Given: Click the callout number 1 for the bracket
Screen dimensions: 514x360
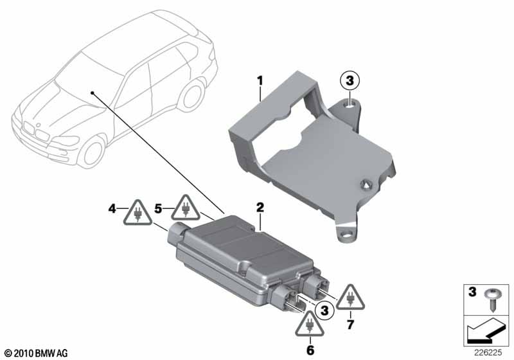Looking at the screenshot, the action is click(260, 80).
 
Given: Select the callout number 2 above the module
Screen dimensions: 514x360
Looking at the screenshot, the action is click(260, 207).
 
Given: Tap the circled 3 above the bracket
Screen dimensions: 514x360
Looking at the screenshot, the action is click(350, 80).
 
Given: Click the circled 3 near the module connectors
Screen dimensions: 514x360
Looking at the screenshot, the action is click(324, 310).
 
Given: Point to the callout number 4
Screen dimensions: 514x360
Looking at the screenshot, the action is click(112, 208).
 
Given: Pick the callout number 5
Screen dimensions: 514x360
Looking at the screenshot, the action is click(158, 208).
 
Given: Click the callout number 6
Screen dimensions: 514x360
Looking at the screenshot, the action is click(310, 350).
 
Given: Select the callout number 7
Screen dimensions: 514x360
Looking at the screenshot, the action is click(350, 325).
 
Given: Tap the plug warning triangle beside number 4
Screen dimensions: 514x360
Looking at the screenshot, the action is click(137, 213).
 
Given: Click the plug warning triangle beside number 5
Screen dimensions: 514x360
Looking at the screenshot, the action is click(186, 208).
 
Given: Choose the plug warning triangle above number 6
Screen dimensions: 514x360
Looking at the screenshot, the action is click(310, 325).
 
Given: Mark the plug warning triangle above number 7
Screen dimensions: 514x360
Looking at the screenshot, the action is click(350, 298).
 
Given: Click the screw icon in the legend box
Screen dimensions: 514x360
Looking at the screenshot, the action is click(492, 298).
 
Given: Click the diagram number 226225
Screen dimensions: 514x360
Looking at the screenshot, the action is click(488, 353).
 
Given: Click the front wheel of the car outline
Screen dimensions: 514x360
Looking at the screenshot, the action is click(91, 153).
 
